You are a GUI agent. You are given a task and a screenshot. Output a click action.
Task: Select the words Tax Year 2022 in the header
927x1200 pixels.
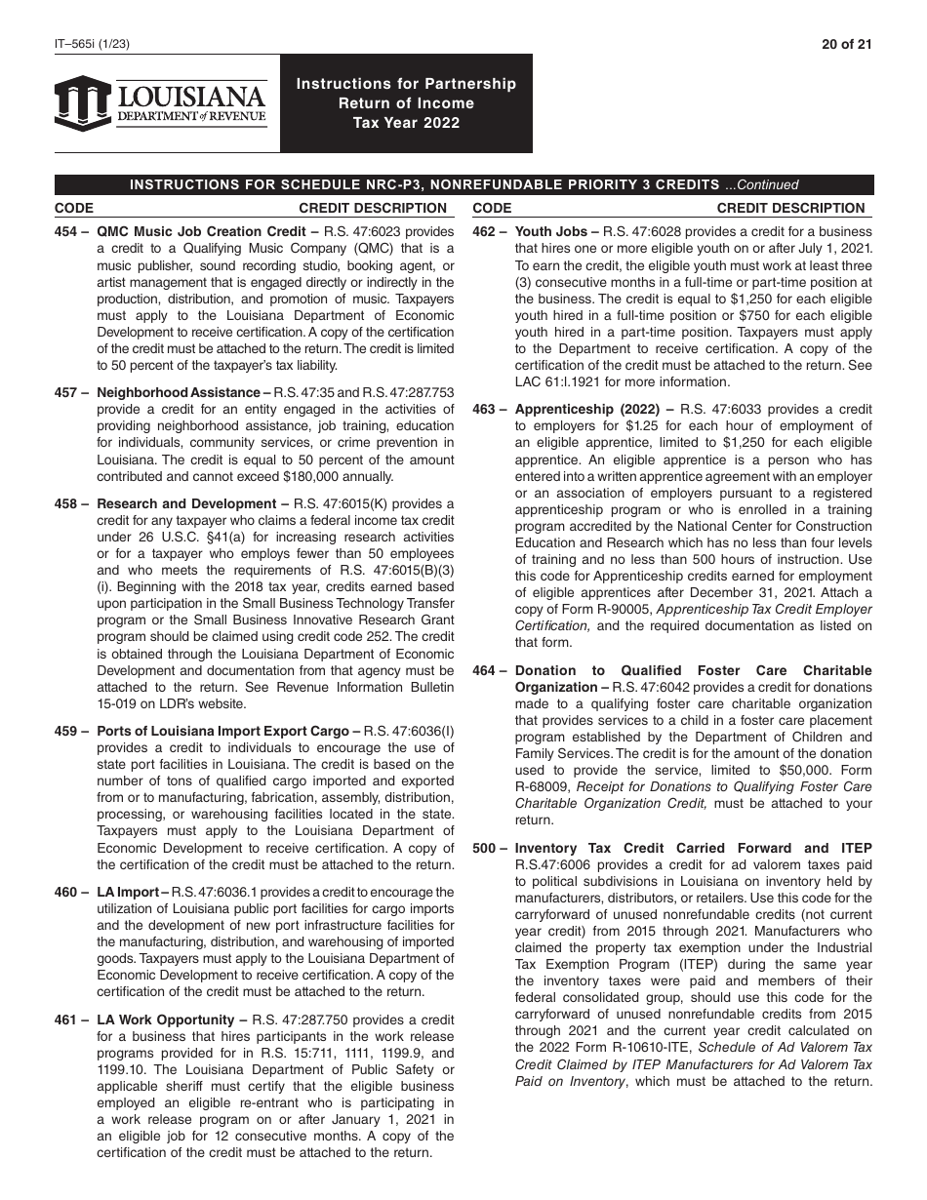[406, 123]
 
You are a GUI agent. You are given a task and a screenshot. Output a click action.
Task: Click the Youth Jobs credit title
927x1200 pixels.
[557, 232]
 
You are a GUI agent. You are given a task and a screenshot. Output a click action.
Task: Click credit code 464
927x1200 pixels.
[486, 671]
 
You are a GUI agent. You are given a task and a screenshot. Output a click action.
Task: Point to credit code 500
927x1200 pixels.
[486, 849]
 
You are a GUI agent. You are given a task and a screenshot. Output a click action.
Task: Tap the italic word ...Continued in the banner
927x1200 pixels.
[762, 185]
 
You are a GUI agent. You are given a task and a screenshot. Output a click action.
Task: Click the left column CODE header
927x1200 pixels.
[74, 208]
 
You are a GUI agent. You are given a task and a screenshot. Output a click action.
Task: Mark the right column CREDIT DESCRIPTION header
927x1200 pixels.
[790, 208]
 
